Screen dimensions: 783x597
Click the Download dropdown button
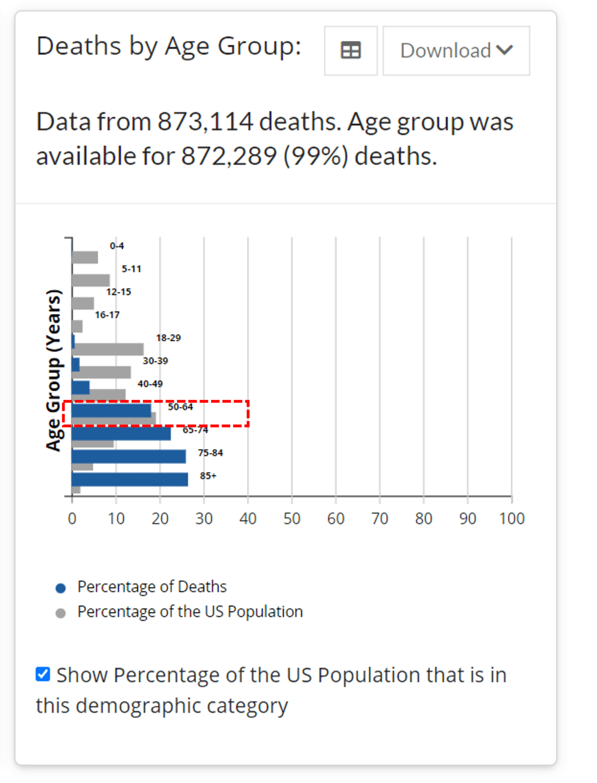coord(456,50)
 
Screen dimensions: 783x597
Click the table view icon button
coord(350,50)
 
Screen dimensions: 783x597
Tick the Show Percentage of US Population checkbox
coord(43,674)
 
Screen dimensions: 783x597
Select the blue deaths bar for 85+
coord(129,479)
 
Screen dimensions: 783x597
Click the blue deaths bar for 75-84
coord(129,456)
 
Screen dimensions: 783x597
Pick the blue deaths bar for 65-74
coord(121,433)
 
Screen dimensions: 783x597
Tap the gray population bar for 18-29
coord(108,349)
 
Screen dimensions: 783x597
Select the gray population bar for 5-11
coord(91,280)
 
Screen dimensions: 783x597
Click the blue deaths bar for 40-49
coord(81,387)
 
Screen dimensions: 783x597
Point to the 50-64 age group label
coord(180,407)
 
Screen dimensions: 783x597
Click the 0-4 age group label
coord(117,246)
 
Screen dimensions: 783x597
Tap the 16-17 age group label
coord(107,315)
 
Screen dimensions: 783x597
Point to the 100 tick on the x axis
coord(512,519)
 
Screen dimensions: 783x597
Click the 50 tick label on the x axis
coord(292,519)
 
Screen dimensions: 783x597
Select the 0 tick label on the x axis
coord(72,519)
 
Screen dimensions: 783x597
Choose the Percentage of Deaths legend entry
coord(152,587)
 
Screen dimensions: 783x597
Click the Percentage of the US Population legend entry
coord(190,612)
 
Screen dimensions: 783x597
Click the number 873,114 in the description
coord(205,122)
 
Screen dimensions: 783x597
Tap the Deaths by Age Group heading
coord(168,46)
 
